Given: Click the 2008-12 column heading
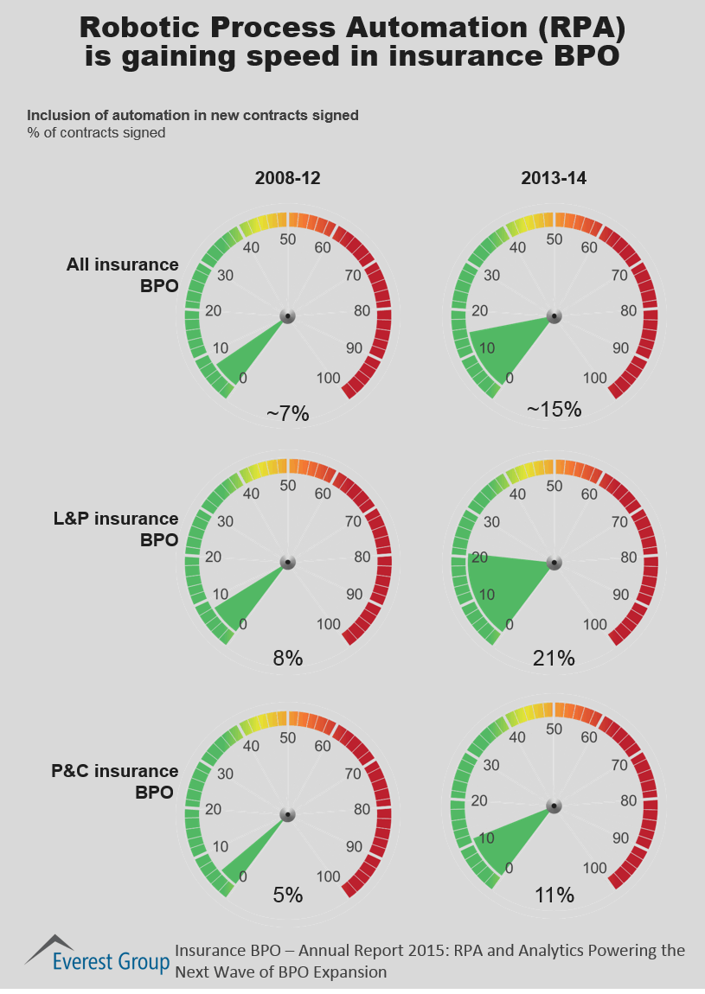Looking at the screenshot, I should point(288,179).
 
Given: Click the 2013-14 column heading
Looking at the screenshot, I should point(554,179).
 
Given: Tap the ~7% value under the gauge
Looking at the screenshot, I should point(288,413).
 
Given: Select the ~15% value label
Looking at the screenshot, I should point(554,409).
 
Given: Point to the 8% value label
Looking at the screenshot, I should point(288,658).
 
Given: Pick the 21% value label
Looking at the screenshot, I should point(554,658).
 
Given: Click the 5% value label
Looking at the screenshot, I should point(288,895).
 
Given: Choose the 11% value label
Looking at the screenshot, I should point(554,895).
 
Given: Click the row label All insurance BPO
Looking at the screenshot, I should point(124,275).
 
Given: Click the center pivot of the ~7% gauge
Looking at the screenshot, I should point(287,315).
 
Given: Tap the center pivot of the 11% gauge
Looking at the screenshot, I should point(554,808).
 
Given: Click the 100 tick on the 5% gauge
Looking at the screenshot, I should point(329,876).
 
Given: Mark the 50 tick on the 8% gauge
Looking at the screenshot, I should point(288,486).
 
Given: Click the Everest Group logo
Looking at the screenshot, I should point(97,954).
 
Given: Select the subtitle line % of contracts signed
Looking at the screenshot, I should point(96,133).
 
